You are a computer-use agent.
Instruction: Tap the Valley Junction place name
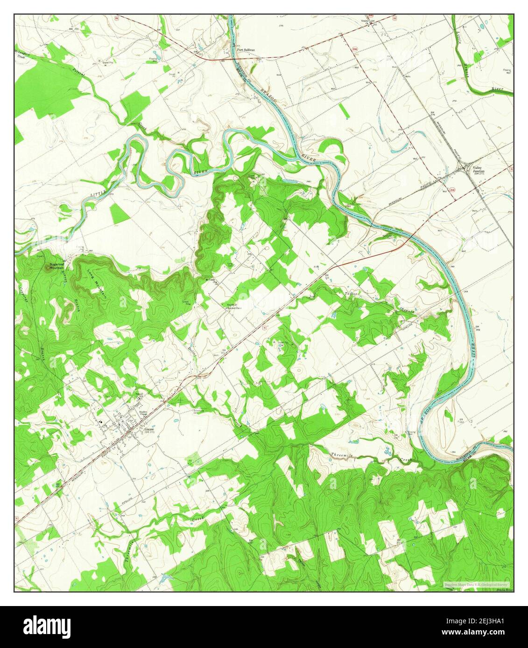[479, 169]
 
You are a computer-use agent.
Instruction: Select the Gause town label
[148, 429]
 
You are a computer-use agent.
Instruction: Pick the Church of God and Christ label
[232, 307]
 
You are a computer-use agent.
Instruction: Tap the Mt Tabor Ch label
[212, 281]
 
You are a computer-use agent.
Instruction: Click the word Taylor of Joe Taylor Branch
[350, 294]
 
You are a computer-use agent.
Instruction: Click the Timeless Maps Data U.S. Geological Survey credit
[477, 584]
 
